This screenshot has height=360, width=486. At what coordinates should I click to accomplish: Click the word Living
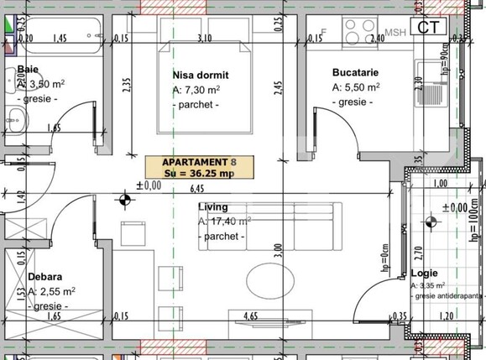[x=213, y=206]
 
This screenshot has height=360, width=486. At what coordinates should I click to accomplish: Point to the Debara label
[x=45, y=275]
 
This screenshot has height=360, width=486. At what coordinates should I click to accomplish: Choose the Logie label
[x=425, y=274]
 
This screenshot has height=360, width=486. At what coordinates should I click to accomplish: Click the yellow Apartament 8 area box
[x=199, y=167]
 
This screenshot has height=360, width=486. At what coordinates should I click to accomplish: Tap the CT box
[x=431, y=26]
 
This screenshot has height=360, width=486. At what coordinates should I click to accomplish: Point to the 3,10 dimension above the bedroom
[x=202, y=39]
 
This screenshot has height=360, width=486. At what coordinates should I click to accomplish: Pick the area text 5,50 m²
[x=356, y=87]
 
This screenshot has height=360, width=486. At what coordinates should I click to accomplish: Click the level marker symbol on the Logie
[x=432, y=222]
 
